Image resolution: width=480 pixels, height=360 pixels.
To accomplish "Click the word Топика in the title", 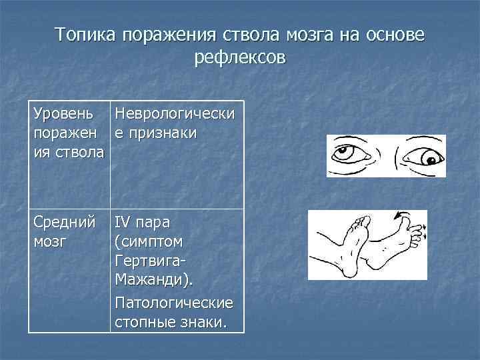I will point(87,34).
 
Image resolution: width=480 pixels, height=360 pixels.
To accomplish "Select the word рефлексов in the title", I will point(239,58).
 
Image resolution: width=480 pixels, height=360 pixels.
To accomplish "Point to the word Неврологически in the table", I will point(174,115).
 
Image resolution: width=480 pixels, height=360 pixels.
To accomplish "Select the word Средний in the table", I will point(63,221).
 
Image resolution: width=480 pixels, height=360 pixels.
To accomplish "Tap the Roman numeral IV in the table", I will point(123,221).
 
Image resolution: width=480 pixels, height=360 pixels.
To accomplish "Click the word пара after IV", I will point(155,221).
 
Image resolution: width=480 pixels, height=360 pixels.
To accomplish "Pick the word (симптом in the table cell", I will point(149,239).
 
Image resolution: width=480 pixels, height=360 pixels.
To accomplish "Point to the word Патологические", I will point(174,303).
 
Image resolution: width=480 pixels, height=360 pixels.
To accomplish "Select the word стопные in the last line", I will point(142,323).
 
